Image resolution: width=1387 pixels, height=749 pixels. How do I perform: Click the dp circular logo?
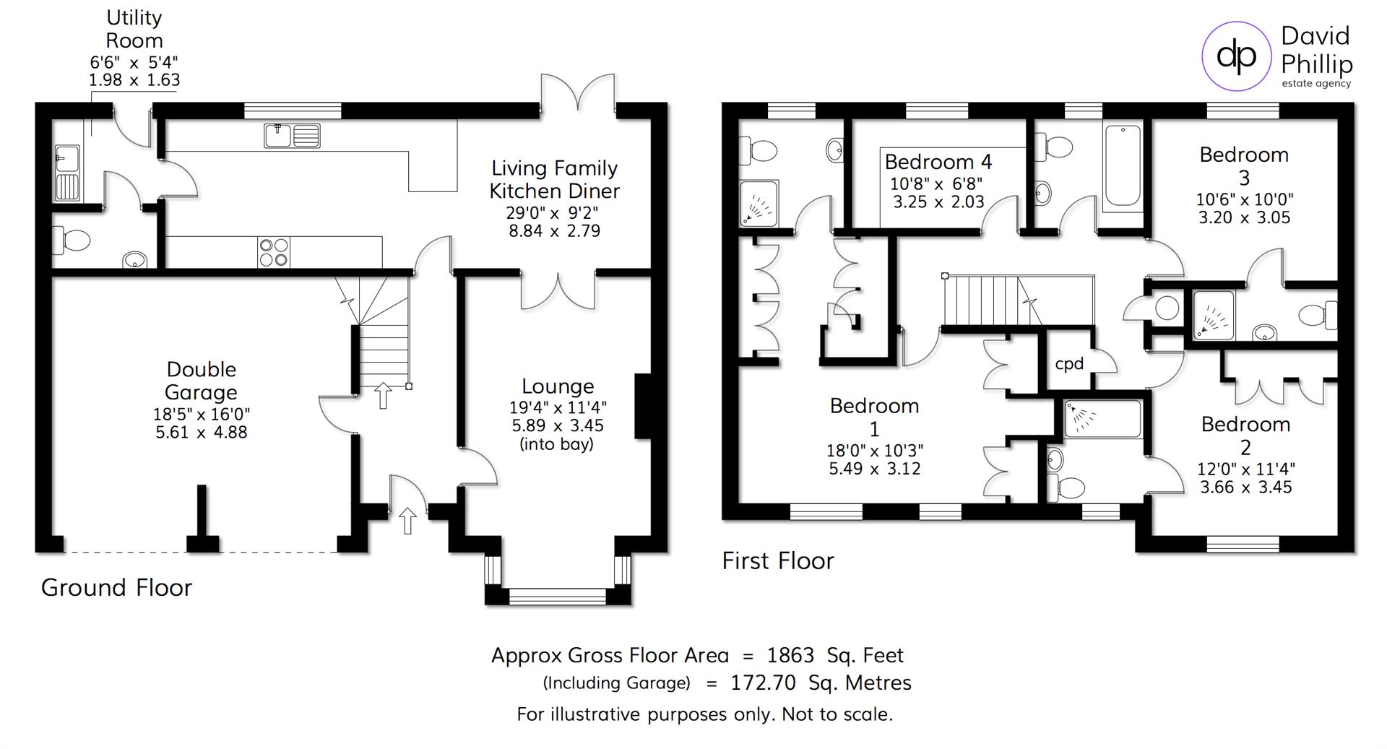click(1236, 56)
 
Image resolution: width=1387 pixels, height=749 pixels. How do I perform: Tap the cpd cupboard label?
click(1069, 364)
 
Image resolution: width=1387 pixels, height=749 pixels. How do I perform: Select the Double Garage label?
click(201, 381)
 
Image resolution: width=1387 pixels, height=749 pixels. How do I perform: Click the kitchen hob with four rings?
click(274, 252)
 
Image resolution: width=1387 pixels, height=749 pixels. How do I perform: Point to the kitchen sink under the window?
click(292, 135)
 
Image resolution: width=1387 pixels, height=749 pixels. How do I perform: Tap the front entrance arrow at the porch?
click(407, 520)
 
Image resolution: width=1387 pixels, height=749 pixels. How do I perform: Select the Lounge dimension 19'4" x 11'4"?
click(557, 407)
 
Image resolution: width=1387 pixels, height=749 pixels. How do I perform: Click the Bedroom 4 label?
click(938, 162)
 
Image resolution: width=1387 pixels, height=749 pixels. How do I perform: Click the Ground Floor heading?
click(116, 587)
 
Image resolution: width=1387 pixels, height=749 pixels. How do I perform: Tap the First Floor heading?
click(778, 560)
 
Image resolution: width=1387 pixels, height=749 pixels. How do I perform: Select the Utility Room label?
click(134, 29)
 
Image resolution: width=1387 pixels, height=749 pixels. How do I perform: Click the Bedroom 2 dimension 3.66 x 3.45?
click(1245, 487)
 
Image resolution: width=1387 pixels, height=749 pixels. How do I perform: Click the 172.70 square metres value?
click(763, 683)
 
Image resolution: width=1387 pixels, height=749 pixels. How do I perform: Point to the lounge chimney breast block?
click(642, 406)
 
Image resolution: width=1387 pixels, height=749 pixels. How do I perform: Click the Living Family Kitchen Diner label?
click(554, 179)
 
